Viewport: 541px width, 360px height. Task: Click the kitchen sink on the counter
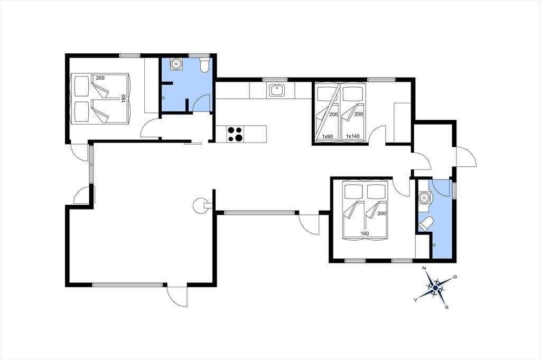[277, 90]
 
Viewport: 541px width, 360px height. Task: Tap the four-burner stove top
[235, 134]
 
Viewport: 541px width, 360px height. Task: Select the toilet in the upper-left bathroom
[204, 65]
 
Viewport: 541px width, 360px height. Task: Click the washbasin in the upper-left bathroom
[176, 64]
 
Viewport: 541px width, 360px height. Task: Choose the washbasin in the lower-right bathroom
[424, 198]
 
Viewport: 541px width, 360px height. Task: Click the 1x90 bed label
[328, 136]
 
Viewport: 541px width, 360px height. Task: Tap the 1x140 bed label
[352, 136]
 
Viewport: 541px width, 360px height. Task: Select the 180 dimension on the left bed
[124, 98]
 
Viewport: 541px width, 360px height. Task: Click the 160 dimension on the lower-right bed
[365, 233]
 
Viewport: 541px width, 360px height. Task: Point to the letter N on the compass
[424, 268]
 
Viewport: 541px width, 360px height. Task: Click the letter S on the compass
[446, 307]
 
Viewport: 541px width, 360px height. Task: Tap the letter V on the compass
[415, 300]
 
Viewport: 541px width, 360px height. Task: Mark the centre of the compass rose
[435, 288]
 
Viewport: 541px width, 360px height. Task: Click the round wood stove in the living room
[201, 206]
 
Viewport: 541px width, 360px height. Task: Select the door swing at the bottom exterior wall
[177, 296]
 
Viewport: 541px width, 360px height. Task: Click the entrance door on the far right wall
[466, 157]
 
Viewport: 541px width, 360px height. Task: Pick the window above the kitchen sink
[275, 80]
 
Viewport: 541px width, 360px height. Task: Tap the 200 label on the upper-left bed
[100, 78]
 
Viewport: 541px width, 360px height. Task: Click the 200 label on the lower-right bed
[381, 213]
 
